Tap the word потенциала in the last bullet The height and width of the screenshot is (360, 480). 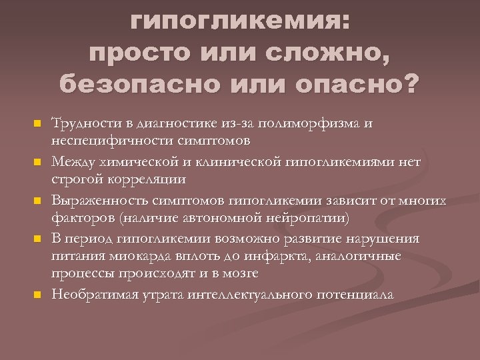(x=357, y=293)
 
